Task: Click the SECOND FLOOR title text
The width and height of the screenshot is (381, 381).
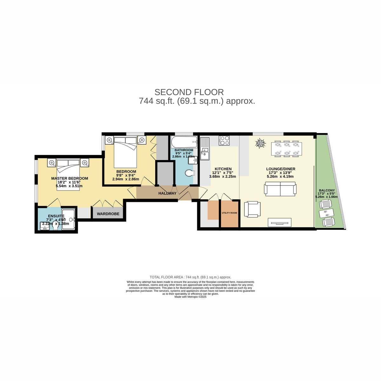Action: pos(189,92)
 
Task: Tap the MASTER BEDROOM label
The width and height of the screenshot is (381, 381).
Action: pos(70,178)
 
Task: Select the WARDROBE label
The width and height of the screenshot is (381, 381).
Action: pos(108,214)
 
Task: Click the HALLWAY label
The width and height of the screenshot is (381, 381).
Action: pos(167,193)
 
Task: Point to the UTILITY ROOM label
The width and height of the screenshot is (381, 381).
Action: pos(229,213)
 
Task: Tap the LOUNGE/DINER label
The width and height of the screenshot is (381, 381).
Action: pos(281,169)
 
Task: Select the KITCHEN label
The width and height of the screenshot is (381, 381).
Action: pos(223,169)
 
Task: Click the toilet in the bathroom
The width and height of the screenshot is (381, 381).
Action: pos(190,173)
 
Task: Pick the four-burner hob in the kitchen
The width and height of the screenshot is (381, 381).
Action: pos(224,141)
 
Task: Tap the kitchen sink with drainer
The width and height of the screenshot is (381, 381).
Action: pos(205,149)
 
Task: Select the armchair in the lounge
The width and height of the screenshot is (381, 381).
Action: pos(252,210)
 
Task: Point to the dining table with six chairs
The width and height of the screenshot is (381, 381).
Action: pos(287,149)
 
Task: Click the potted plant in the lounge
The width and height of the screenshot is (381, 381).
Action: pos(261,144)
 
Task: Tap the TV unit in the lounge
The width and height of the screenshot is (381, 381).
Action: pos(280,222)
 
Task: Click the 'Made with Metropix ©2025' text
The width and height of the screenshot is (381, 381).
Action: pos(190,297)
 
